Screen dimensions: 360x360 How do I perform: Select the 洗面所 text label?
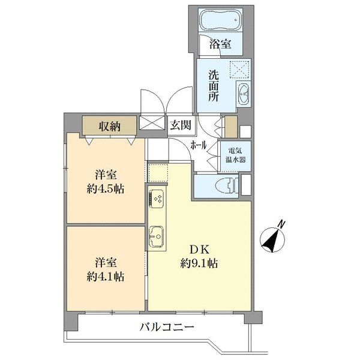point(213,86)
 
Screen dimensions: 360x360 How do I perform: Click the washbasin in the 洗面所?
point(244,94)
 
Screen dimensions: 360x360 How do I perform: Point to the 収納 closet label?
point(110,126)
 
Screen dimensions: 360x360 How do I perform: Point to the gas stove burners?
point(157,197)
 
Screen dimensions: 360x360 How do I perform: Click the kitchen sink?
point(157,236)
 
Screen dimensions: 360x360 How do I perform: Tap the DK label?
point(199,248)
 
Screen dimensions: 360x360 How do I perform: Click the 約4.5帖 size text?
point(105,188)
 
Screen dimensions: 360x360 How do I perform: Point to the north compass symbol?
point(273,236)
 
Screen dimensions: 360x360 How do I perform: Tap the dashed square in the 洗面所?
point(241,71)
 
